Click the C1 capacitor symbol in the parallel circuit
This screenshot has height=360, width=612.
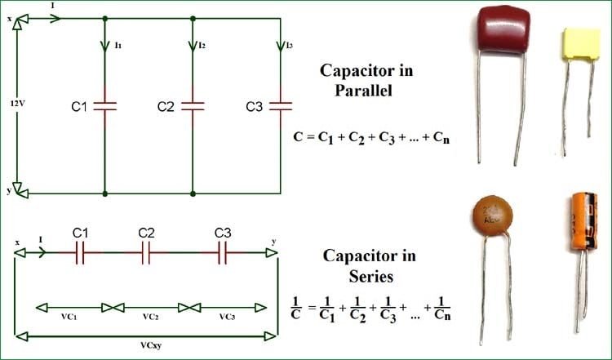point(105,105)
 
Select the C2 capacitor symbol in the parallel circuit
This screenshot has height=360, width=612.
point(193,105)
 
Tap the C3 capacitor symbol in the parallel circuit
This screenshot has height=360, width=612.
point(281,105)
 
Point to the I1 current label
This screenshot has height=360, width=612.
point(118,47)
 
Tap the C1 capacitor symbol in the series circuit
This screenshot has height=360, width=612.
point(80,255)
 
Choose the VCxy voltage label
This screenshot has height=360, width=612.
point(143,344)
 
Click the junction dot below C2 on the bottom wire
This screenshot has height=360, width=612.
point(193,193)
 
